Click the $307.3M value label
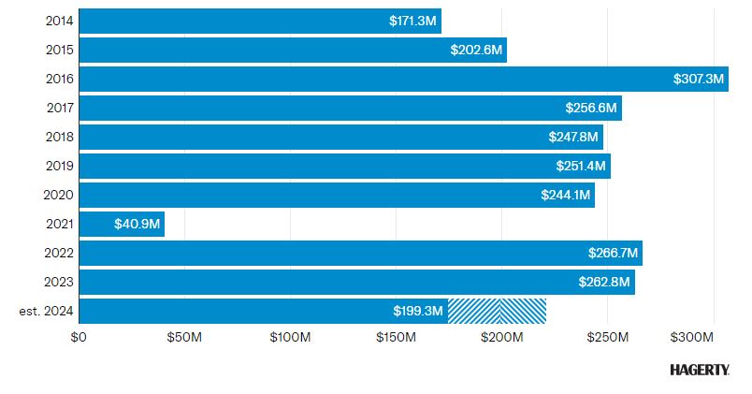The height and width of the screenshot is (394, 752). [x=699, y=80]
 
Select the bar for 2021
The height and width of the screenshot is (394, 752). [x=122, y=224]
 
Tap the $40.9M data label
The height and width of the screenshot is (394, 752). [x=137, y=224]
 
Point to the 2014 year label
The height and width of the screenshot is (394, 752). [x=60, y=21]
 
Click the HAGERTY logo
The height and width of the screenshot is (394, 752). [x=700, y=370]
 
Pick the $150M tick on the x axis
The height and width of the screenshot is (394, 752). [x=396, y=337]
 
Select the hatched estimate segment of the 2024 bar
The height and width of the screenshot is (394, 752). [x=497, y=311]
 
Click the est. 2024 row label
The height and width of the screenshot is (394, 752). [x=46, y=311]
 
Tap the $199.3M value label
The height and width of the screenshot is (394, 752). [x=417, y=311]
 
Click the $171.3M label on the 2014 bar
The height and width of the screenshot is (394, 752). [x=413, y=21]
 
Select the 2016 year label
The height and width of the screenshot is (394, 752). [x=60, y=79]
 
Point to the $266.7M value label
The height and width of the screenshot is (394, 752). [x=613, y=253]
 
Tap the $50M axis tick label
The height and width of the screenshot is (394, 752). [x=184, y=337]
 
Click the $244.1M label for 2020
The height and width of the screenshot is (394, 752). [x=565, y=195]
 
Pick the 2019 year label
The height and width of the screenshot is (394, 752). [x=60, y=166]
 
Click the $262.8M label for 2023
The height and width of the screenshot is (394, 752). [x=605, y=282]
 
